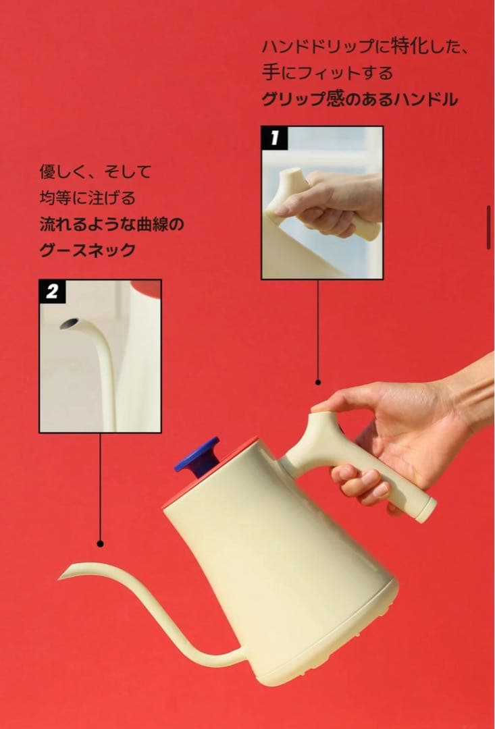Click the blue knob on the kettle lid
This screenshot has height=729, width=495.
(197, 454)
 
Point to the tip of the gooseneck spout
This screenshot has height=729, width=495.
(63, 576)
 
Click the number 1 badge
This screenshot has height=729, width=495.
(274, 138)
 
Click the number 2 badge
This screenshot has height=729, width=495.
(52, 292)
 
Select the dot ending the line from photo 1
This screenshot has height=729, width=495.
(318, 382)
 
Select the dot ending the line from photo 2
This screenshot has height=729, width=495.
(100, 543)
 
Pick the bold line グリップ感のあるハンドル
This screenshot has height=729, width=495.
(359, 100)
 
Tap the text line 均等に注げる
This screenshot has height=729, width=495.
(87, 198)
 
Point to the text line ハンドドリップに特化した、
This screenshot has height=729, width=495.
(365, 46)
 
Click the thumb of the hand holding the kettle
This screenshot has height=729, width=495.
(338, 402)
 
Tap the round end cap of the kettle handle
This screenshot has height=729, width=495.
(426, 511)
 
